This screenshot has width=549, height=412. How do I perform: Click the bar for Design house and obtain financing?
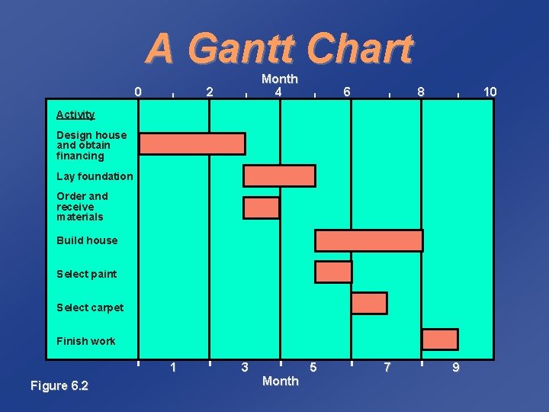click(192, 143)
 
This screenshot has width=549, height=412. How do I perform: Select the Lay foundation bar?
click(279, 175)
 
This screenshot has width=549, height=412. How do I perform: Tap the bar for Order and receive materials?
click(261, 208)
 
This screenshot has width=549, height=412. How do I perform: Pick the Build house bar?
click(368, 240)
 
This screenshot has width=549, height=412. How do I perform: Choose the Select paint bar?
click(333, 272)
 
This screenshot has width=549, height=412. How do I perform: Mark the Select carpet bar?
click(369, 303)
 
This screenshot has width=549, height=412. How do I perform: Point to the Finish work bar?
click(440, 340)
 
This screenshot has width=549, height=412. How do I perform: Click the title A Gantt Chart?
click(279, 49)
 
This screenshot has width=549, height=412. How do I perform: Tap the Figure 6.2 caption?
click(59, 386)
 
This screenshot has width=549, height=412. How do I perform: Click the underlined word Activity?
click(75, 114)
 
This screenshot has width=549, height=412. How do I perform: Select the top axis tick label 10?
click(490, 92)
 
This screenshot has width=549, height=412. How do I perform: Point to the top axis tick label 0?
click(137, 92)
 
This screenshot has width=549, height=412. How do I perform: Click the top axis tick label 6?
click(347, 92)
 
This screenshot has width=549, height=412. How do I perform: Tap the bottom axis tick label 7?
click(387, 368)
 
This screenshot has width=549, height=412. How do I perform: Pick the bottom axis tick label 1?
click(174, 368)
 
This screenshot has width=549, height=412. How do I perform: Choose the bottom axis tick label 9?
click(456, 368)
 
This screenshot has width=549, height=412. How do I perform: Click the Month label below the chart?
click(280, 381)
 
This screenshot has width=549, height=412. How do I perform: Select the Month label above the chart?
click(279, 79)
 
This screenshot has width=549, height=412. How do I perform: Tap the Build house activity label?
click(87, 240)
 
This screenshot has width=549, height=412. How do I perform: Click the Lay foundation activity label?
click(95, 176)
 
